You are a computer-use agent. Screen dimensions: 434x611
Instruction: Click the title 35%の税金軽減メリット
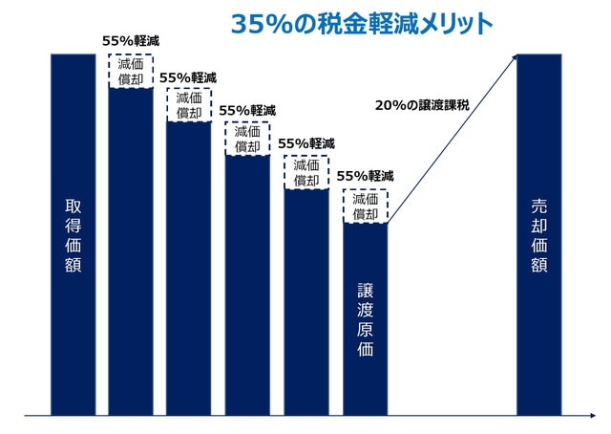[361, 24]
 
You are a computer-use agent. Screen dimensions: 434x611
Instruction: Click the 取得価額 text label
[74, 235]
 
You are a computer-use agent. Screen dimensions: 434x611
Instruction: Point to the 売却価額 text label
[539, 235]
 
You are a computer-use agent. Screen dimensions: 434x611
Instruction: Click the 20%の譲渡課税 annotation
[418, 105]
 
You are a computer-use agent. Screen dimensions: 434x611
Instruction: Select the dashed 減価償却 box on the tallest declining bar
[131, 72]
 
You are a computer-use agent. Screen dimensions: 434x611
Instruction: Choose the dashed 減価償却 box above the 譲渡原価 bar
[366, 206]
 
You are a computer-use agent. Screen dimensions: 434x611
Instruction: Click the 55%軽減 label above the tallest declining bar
[130, 41]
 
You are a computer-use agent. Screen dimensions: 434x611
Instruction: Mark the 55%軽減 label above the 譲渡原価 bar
[365, 177]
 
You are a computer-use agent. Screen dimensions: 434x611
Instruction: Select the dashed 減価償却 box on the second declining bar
[189, 105]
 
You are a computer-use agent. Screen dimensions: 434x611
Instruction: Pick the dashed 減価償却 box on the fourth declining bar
[306, 173]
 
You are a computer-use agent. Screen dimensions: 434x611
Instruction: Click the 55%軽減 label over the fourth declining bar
[306, 143]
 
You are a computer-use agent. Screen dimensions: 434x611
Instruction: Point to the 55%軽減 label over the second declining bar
[188, 76]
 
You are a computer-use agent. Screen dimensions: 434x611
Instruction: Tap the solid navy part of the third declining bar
[247, 287]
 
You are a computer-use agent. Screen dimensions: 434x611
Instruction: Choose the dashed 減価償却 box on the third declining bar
[248, 140]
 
